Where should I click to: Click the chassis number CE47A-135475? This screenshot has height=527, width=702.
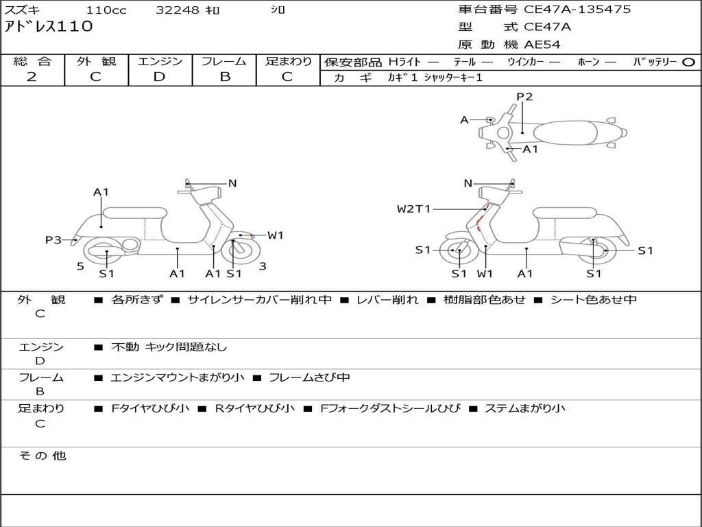(x=577, y=10)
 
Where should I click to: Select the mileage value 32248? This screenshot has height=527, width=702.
(x=178, y=10)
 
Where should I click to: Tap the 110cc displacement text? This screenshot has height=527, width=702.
(x=101, y=10)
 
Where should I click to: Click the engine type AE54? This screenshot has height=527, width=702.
(x=542, y=45)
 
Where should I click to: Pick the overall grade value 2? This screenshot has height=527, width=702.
(x=32, y=77)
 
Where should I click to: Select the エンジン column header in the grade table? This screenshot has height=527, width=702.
(x=160, y=61)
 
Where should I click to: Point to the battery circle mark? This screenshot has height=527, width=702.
(x=689, y=62)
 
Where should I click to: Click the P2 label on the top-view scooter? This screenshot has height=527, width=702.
(x=524, y=97)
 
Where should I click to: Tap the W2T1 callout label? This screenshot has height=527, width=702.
(x=414, y=209)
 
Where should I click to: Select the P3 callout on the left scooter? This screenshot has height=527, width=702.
(x=53, y=239)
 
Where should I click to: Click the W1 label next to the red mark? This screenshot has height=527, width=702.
(x=276, y=235)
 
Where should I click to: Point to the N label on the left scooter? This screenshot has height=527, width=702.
(x=232, y=183)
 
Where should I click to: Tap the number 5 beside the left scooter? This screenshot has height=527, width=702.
(x=80, y=266)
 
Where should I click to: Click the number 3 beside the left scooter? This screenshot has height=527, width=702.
(x=263, y=266)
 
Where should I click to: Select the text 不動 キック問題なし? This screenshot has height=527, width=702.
(x=169, y=347)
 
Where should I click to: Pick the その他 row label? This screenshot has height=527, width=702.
(x=42, y=456)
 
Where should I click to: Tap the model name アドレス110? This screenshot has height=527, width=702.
(x=48, y=27)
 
